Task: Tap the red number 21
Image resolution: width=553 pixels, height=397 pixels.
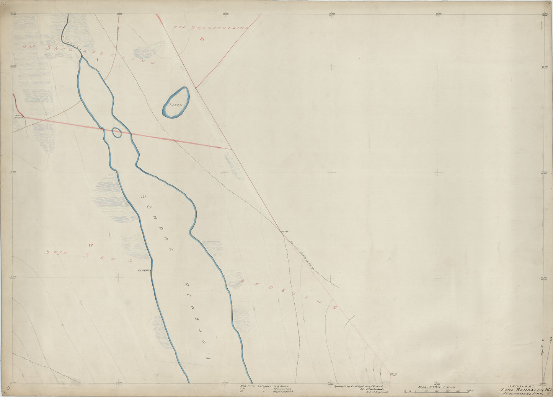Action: point(202,39)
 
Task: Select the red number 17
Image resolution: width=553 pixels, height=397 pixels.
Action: point(91,245)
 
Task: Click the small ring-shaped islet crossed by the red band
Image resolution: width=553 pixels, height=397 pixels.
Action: point(117,133)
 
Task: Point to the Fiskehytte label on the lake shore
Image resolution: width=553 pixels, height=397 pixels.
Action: point(144,271)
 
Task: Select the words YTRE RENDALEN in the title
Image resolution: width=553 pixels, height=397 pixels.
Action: point(521,389)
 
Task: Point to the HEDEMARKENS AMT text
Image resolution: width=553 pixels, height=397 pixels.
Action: point(522,393)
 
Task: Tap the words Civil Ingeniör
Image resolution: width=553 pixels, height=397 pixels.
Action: point(377,392)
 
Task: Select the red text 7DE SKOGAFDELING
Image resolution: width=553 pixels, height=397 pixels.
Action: point(210,28)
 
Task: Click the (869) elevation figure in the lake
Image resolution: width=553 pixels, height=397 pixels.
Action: point(209,358)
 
